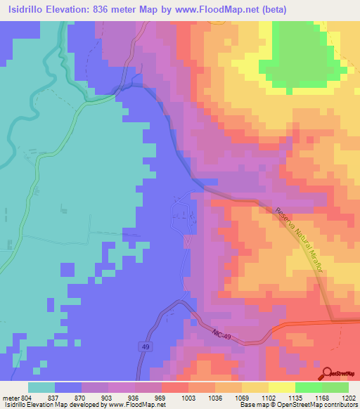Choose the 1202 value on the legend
point(349,397)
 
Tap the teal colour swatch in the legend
point(41,387)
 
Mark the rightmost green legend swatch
point(335,387)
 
